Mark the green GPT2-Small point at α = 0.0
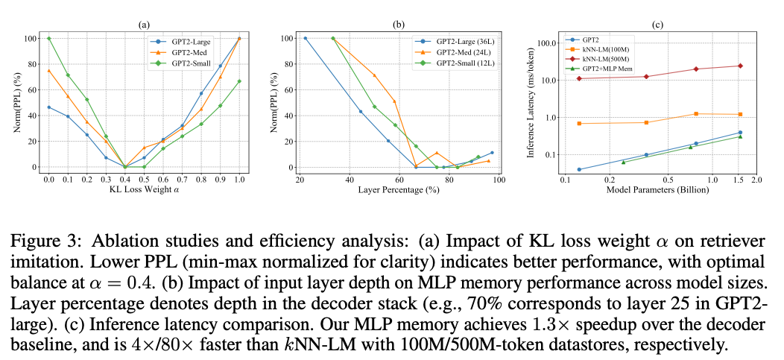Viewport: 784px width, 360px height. [x=49, y=38]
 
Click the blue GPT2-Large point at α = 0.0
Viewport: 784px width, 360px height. [x=49, y=107]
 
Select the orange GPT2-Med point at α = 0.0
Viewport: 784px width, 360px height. [x=49, y=71]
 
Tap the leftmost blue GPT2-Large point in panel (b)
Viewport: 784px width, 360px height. [x=305, y=38]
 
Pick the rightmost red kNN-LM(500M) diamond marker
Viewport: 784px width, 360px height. [x=740, y=66]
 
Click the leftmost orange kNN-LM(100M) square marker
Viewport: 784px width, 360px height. [x=579, y=123]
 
